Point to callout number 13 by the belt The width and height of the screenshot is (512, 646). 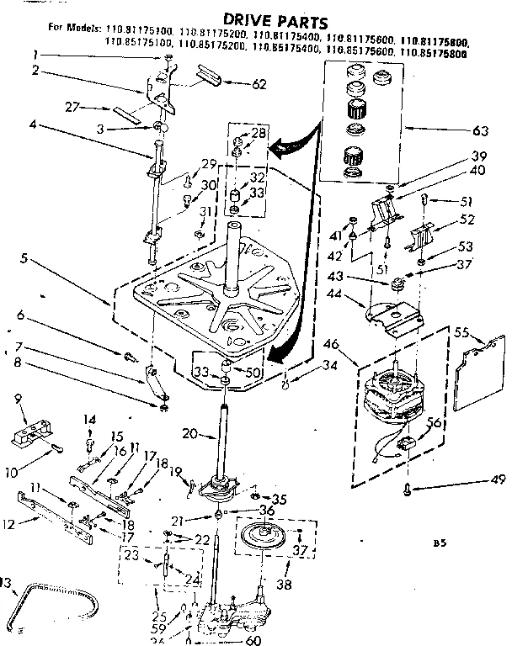tap(7, 582)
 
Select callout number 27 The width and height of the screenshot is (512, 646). tap(73, 108)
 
